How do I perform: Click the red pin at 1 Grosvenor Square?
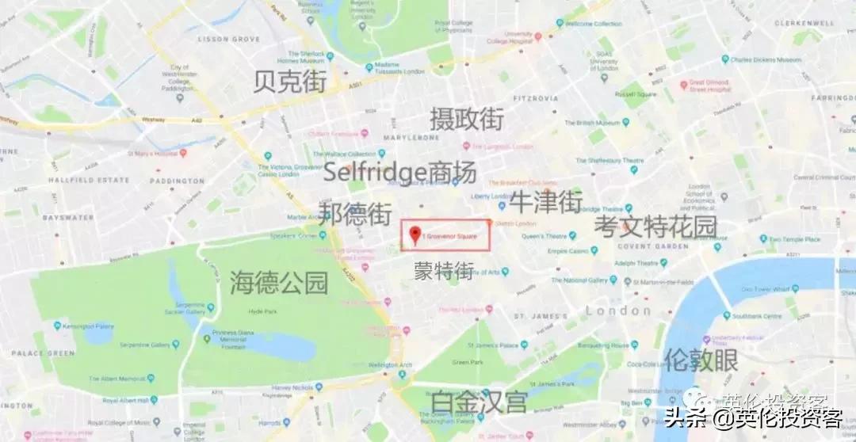tap(415, 234)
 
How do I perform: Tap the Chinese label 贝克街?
tap(290, 82)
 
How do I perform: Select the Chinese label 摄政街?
tap(467, 119)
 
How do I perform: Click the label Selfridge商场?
tap(399, 171)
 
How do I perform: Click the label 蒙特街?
tap(444, 271)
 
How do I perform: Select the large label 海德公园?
tap(279, 282)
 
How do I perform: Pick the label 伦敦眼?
tap(701, 360)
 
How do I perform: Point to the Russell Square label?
tap(636, 93)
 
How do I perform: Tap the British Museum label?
tap(591, 123)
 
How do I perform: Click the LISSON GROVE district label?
tap(228, 38)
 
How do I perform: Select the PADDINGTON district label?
tap(178, 181)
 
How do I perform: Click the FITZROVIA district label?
tap(536, 99)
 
